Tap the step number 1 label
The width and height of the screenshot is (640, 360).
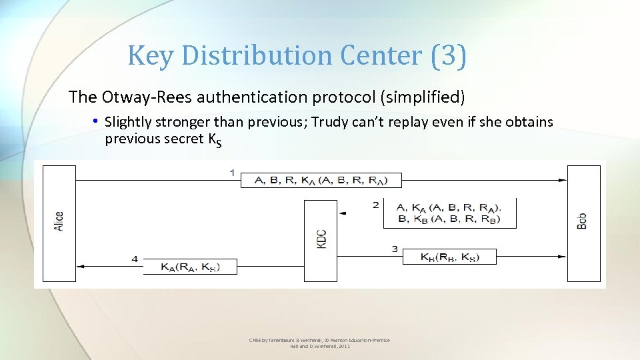pyautogui.click(x=232, y=173)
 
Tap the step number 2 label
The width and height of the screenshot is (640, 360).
pyautogui.click(x=376, y=205)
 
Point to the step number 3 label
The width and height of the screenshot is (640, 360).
pyautogui.click(x=395, y=249)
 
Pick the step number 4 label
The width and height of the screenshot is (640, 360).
pyautogui.click(x=135, y=259)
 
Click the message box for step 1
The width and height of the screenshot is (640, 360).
pyautogui.click(x=321, y=180)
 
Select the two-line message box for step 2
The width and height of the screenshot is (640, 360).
pyautogui.click(x=449, y=213)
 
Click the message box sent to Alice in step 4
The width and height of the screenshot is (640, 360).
pyautogui.click(x=189, y=267)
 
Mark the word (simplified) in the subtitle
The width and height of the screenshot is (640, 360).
pyautogui.click(x=423, y=97)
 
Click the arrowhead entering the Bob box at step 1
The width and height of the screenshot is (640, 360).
pyautogui.click(x=562, y=180)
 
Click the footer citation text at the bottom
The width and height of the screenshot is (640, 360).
pyautogui.click(x=319, y=343)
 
